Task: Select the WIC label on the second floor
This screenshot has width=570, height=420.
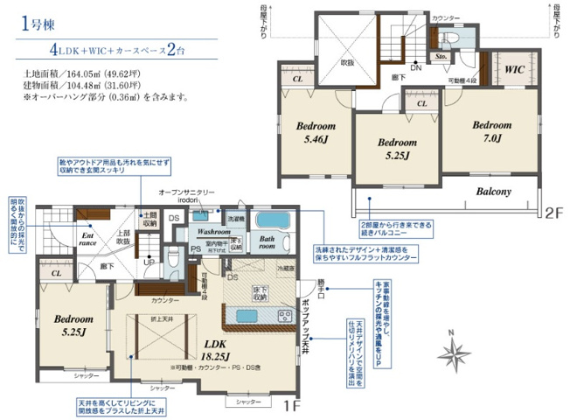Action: click(x=512, y=66)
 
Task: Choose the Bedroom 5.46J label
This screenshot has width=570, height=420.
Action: click(x=314, y=132)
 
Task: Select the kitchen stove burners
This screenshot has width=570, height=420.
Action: click(x=285, y=315)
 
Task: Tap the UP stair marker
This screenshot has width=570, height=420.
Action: click(x=149, y=262)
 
